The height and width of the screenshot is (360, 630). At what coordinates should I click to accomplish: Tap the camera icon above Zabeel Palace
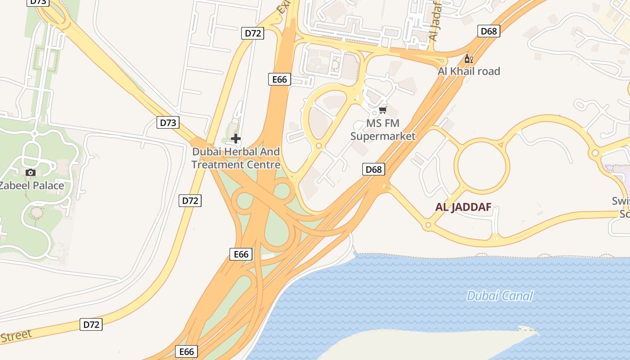click(31, 172)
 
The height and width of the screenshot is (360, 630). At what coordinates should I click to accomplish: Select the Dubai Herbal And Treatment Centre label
click(236, 158)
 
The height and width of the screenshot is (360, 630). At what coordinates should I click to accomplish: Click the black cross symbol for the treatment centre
click(235, 139)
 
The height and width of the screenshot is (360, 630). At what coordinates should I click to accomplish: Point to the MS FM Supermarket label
click(383, 130)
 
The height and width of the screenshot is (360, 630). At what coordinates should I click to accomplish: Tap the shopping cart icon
click(383, 110)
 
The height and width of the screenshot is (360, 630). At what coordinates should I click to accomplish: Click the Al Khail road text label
click(469, 71)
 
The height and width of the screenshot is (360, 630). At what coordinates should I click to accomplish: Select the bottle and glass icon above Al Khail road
click(468, 59)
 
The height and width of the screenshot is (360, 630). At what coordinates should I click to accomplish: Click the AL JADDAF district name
click(463, 207)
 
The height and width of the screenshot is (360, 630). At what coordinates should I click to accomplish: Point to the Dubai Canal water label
click(499, 296)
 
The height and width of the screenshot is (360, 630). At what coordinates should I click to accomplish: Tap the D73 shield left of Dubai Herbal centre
click(168, 122)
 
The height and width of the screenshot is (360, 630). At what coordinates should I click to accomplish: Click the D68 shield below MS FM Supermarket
click(373, 169)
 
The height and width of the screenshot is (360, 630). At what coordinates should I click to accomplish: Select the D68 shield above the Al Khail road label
click(489, 31)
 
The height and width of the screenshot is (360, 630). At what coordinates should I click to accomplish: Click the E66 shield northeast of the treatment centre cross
click(279, 80)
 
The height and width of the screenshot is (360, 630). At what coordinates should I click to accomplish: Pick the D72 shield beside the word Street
click(91, 324)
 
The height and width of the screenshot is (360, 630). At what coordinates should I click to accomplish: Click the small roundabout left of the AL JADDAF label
click(428, 225)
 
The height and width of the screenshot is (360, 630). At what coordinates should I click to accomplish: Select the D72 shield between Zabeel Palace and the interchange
click(190, 201)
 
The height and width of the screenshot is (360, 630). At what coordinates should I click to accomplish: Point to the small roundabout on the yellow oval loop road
click(319, 146)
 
